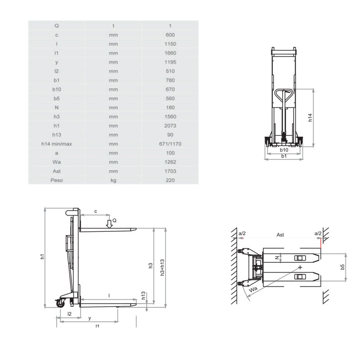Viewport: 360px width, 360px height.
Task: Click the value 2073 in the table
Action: coord(170,126)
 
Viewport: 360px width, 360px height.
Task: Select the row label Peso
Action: coord(57,180)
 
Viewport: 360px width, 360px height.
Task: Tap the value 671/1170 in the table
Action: coord(170,144)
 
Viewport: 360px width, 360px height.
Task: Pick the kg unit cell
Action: coord(113,180)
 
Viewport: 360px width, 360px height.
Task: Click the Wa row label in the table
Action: coord(57,162)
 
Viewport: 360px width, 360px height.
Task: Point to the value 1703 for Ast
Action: coord(170,171)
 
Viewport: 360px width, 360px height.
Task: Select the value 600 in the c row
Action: coord(170,35)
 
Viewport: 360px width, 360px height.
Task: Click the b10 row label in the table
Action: coord(57,89)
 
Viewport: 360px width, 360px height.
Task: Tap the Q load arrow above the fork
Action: coord(109,224)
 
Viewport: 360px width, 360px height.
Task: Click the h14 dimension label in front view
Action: coord(310,117)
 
